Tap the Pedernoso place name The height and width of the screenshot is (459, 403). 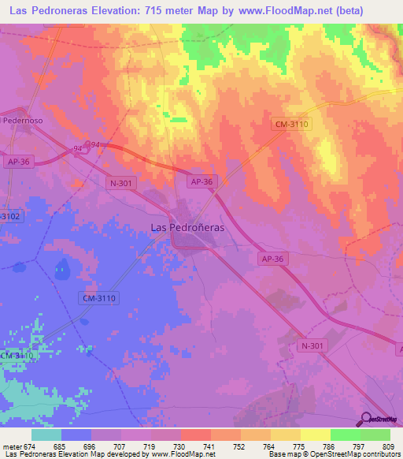tap(22, 120)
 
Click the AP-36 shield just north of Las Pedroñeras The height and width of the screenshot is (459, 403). tap(201, 181)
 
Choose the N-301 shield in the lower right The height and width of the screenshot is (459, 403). tap(312, 345)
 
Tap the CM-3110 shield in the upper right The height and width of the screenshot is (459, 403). tap(292, 124)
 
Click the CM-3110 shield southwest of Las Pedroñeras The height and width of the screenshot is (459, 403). tap(99, 297)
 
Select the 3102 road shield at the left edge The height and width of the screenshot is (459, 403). tap(9, 215)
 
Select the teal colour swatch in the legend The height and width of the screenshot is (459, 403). tap(46, 435)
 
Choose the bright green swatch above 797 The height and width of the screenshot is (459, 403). tap(346, 435)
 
